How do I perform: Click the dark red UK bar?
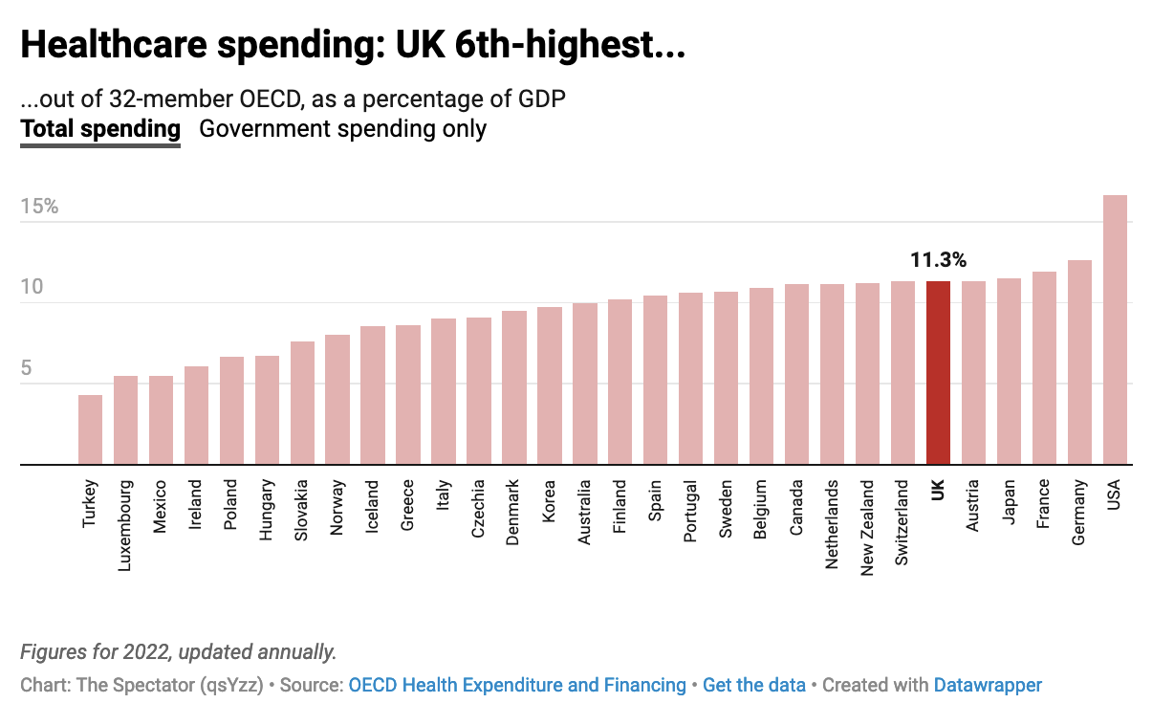[938, 373]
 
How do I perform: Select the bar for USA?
[1115, 330]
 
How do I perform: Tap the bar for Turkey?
[90, 429]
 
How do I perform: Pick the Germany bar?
[1079, 362]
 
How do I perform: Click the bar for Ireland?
[196, 415]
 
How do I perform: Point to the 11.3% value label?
[938, 259]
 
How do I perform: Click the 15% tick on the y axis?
[39, 207]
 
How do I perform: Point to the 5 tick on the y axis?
[31, 369]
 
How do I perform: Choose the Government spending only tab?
[342, 129]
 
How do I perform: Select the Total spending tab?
[100, 129]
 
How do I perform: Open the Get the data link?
[753, 685]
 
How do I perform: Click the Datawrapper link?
[988, 685]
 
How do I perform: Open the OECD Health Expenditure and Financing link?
[517, 685]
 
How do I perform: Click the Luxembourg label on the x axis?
[125, 526]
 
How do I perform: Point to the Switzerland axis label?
[902, 524]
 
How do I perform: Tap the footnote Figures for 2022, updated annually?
[178, 652]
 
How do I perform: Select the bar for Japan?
[1009, 371]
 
